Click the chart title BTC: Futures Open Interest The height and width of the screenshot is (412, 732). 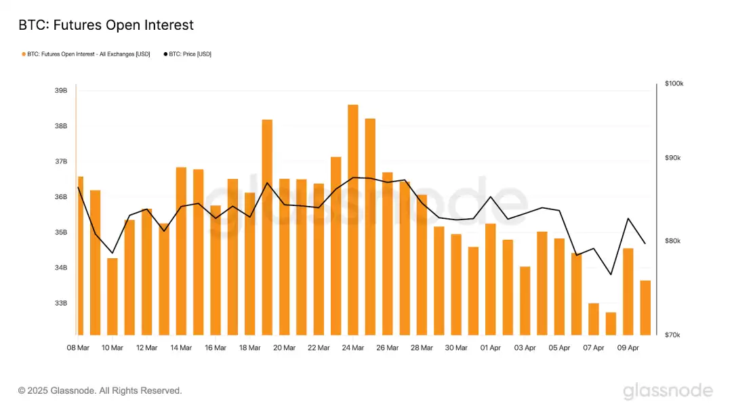tap(106, 25)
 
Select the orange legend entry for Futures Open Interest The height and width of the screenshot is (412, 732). tap(86, 54)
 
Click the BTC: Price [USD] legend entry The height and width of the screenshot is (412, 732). tap(187, 54)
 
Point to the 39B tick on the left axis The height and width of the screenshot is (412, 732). tap(60, 91)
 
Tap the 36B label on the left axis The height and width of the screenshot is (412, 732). tap(60, 197)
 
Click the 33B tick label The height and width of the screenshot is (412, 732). tap(60, 303)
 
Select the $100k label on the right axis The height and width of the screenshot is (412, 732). tap(674, 83)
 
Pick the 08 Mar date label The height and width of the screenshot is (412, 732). tap(78, 348)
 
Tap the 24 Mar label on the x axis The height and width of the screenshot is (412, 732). tap(353, 348)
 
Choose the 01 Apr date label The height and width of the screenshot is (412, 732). tap(491, 348)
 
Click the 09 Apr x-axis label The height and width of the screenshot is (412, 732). tap(628, 348)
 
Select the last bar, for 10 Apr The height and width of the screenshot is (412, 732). tap(645, 308)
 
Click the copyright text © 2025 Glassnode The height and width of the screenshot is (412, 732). tap(100, 391)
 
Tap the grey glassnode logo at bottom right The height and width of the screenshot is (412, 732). tap(668, 391)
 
